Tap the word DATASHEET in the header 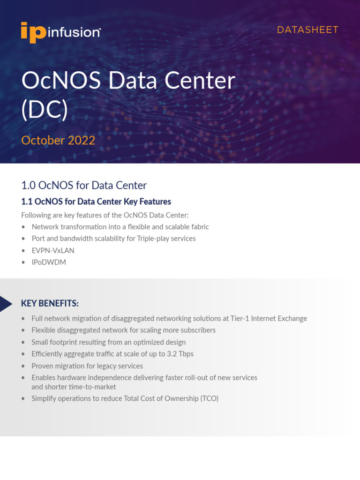[x=307, y=30]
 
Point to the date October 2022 [x=58, y=140]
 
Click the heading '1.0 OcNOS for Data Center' [x=84, y=185]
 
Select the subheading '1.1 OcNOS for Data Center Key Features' [x=96, y=202]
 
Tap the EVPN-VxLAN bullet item [x=53, y=250]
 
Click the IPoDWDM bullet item [x=49, y=262]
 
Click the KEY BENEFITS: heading [x=50, y=303]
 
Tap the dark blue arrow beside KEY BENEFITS [x=6, y=304]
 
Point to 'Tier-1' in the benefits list [x=240, y=318]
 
